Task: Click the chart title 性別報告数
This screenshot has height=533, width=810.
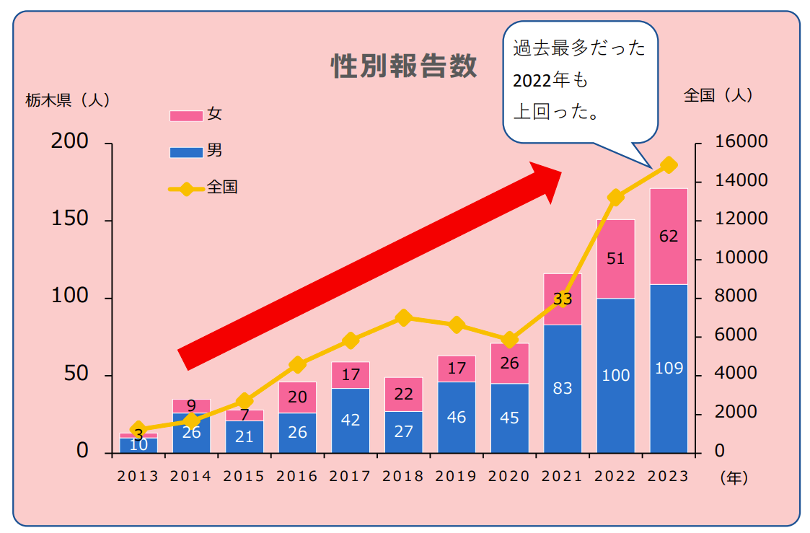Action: click(403, 66)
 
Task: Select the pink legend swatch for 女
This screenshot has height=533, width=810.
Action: click(185, 115)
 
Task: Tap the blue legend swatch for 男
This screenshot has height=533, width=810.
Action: click(185, 152)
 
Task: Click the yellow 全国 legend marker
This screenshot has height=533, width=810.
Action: click(186, 189)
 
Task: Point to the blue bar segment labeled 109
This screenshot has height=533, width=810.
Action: click(668, 368)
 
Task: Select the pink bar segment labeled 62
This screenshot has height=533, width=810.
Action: click(668, 237)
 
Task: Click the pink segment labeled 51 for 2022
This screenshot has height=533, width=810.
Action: click(615, 258)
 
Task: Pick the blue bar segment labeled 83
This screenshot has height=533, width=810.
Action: click(562, 388)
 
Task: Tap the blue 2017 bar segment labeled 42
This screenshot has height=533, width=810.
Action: click(351, 420)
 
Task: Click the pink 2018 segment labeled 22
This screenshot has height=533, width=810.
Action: click(403, 395)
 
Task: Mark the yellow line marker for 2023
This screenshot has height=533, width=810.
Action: click(669, 165)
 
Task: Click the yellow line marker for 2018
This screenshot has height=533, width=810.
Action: click(404, 318)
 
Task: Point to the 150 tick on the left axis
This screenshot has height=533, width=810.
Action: click(70, 219)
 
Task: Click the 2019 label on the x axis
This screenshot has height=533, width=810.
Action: click(456, 477)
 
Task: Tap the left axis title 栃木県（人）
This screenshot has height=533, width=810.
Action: click(68, 101)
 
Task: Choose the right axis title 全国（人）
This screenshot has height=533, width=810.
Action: click(718, 95)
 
